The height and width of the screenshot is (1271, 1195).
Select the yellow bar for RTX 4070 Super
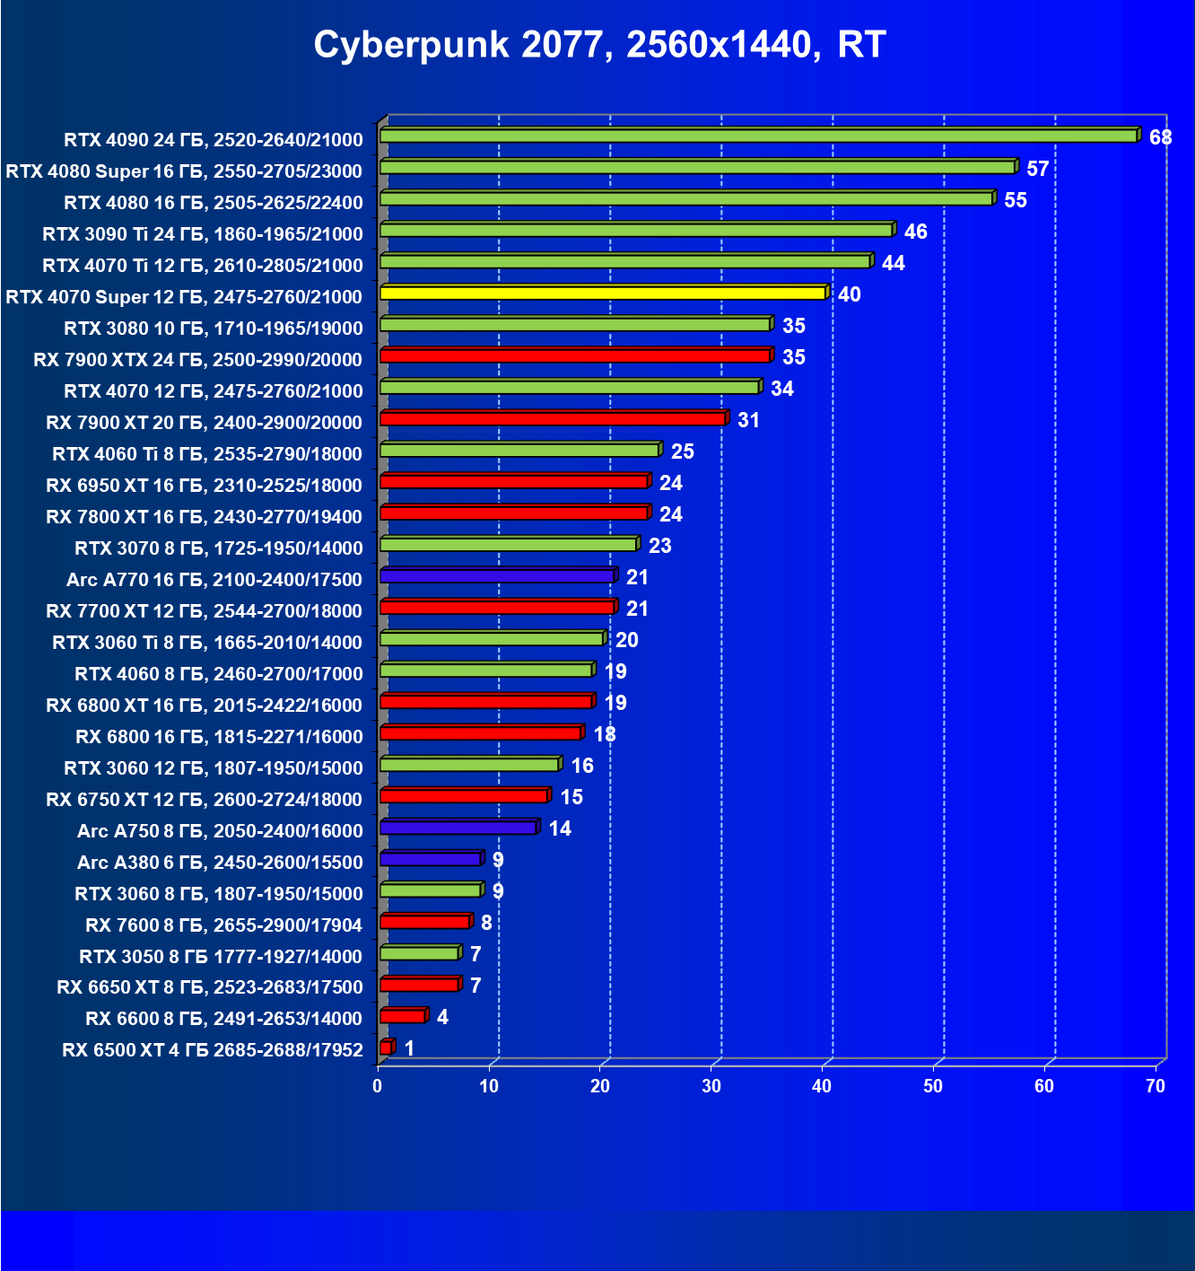[x=603, y=293]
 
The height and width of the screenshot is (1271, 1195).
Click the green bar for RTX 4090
[x=758, y=136]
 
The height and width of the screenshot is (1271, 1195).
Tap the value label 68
[x=1160, y=137]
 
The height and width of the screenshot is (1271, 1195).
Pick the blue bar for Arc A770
[x=497, y=575]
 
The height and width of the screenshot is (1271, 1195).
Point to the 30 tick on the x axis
[x=711, y=1086]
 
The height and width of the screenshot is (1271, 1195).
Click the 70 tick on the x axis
[x=1156, y=1086]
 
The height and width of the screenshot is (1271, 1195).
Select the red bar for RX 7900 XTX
[x=575, y=355]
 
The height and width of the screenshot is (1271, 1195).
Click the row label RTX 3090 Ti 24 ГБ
[x=203, y=234]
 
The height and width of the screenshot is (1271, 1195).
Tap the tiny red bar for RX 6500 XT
[x=386, y=1047]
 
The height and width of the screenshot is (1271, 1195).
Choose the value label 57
[x=1038, y=169]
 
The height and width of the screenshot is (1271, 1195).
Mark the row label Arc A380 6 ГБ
[x=220, y=863]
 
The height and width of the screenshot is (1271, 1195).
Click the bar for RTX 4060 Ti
[x=519, y=450]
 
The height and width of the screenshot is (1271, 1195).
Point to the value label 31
[x=748, y=420]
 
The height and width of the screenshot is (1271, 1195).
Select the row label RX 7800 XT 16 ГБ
[x=204, y=517]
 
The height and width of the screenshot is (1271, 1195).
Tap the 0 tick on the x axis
[x=378, y=1086]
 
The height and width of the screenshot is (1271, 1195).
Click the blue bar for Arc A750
[x=458, y=827]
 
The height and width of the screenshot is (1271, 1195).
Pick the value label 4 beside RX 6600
[x=442, y=1017]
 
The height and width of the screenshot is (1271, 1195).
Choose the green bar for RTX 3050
[x=419, y=952]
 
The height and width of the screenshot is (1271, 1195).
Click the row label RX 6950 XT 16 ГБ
[x=204, y=486]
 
